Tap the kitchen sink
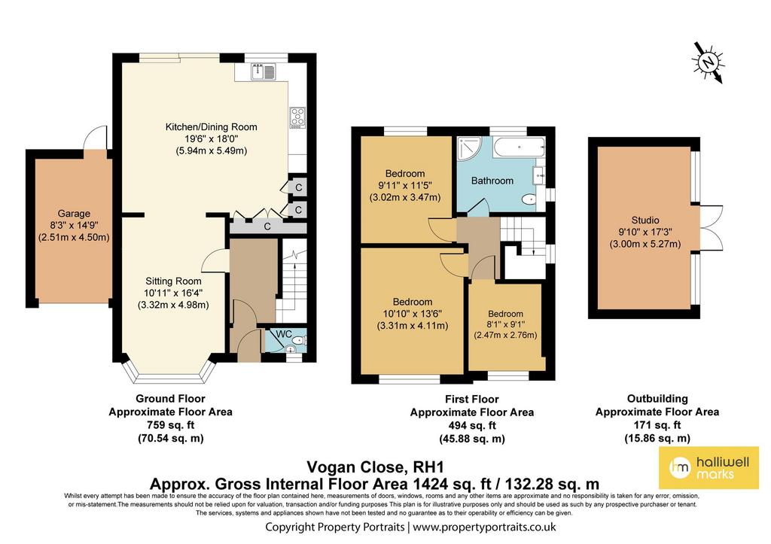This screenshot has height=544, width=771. tap(264, 71)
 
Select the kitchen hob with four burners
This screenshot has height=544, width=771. tap(297, 118)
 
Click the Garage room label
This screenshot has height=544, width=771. tap(74, 213)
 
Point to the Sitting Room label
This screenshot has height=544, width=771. tap(173, 281)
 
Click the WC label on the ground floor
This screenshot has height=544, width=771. tap(284, 334)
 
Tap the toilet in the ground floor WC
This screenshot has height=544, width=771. tap(299, 341)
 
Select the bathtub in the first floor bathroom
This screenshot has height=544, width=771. tap(520, 147)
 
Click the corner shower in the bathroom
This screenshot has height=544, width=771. tap(469, 149)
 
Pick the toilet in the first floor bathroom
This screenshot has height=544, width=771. tap(530, 199)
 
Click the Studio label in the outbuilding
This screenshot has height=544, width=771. tap(645, 220)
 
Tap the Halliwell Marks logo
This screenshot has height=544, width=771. tap(709, 468)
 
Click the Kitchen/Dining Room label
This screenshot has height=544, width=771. tap(211, 127)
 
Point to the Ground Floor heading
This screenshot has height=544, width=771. tap(170, 399)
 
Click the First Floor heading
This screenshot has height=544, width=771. tap(472, 399)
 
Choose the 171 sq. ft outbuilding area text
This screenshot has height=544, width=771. tap(657, 425)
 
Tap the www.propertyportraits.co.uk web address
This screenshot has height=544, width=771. tap(484, 527)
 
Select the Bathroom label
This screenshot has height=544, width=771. tap(492, 181)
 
